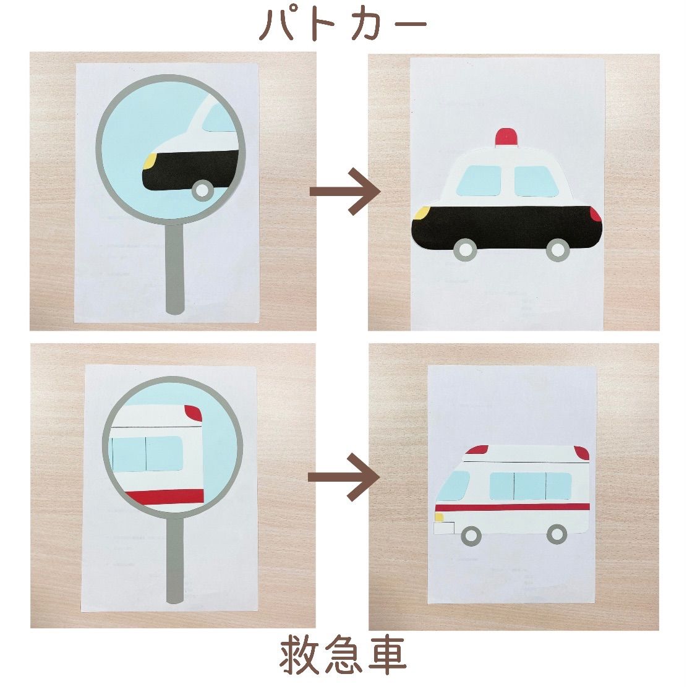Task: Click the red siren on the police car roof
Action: [x=506, y=137]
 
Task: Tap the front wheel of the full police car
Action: [x=465, y=250]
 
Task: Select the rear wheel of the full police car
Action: [x=558, y=250]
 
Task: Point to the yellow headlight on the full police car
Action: [x=421, y=213]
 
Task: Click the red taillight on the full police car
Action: [x=595, y=214]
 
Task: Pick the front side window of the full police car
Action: [x=479, y=181]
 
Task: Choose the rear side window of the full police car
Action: [x=536, y=181]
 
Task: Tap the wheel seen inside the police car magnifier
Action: [x=203, y=190]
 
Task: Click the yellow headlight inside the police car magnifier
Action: [x=150, y=161]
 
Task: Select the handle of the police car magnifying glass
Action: [x=175, y=268]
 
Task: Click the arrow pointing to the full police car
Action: [x=345, y=191]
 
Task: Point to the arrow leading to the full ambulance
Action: [x=343, y=477]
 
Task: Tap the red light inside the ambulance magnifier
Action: [x=194, y=413]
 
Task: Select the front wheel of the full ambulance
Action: [x=471, y=535]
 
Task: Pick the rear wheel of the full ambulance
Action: [x=557, y=534]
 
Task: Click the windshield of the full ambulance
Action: [x=453, y=485]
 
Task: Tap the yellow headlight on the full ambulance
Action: [x=439, y=517]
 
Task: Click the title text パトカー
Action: [x=343, y=25]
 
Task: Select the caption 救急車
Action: [x=343, y=655]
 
